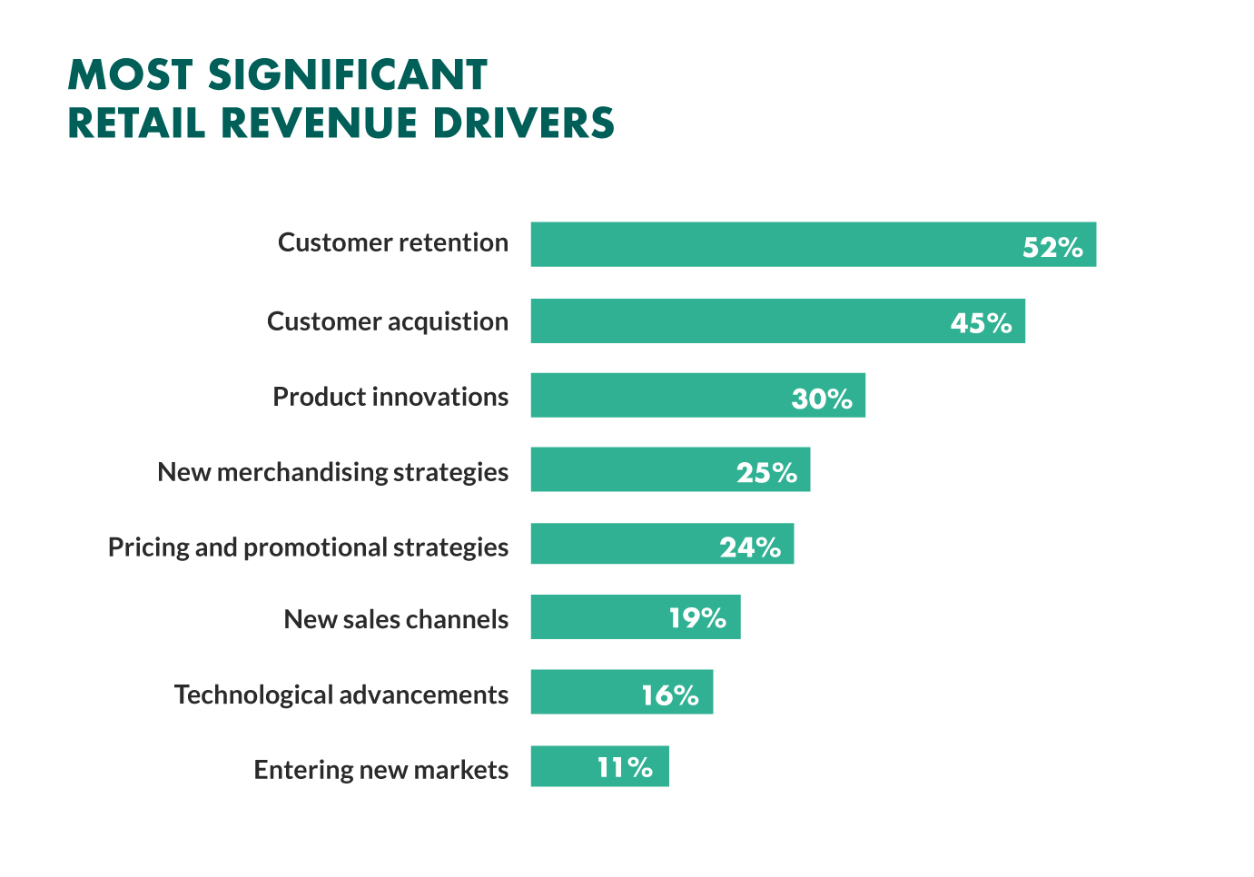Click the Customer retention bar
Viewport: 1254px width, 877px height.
(772, 244)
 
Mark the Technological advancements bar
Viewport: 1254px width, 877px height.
(581, 692)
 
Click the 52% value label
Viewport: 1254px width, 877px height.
(1052, 247)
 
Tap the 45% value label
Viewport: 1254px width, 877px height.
(981, 323)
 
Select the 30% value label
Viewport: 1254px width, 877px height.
(822, 399)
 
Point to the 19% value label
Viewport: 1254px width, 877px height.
(697, 618)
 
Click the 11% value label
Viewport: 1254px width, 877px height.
(625, 768)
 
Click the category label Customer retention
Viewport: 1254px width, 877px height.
(393, 242)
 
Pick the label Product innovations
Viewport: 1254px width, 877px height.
(390, 397)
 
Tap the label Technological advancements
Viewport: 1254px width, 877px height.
(341, 695)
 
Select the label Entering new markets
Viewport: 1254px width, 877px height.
(381, 770)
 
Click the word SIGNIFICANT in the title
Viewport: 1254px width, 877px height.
(348, 75)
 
